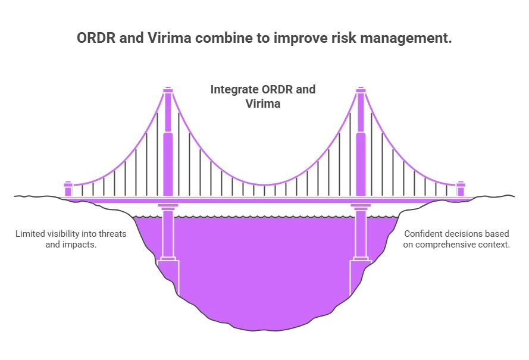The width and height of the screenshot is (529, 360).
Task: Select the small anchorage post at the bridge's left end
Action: pos(68,187)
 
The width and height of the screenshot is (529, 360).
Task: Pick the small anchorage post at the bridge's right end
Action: pos(460,187)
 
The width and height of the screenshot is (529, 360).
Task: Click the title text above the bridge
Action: pos(264,37)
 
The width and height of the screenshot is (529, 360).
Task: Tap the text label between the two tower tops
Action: pos(264,95)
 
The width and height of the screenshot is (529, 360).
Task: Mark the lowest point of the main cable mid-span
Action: pos(264,185)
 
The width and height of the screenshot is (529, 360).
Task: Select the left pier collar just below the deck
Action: pos(168,209)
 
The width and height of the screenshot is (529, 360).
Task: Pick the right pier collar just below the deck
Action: pos(360,209)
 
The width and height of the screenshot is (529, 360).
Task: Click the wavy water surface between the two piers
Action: pos(264,215)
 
